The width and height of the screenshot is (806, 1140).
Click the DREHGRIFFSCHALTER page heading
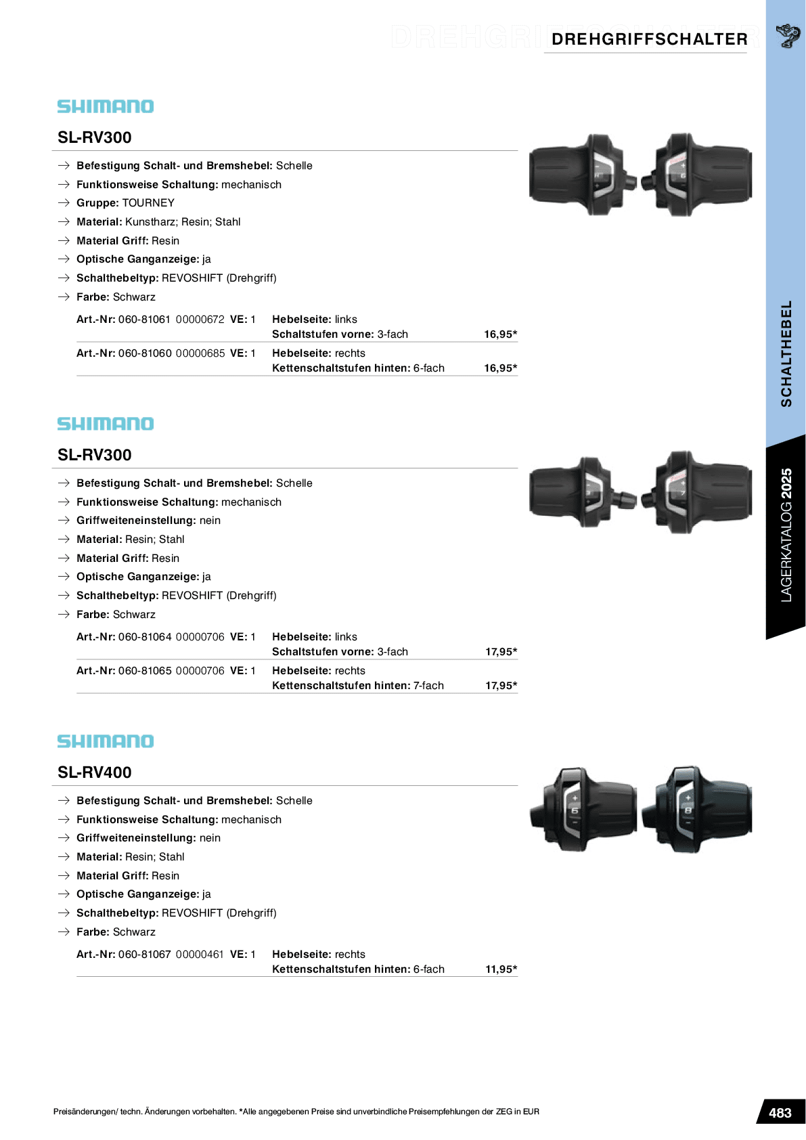[649, 39]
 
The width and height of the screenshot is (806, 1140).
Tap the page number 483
[780, 1113]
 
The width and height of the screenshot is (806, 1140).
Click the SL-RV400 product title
[95, 772]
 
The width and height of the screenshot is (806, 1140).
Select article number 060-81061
[144, 320]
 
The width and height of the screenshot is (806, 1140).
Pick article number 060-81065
[144, 671]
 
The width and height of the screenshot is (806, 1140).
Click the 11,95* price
[501, 969]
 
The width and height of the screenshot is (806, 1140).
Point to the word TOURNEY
[148, 203]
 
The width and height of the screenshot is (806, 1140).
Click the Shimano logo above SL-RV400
[106, 741]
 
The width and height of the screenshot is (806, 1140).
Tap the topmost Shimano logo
[106, 106]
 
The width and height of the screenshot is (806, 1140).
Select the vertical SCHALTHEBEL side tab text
[786, 353]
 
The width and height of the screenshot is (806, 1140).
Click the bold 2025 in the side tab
[786, 483]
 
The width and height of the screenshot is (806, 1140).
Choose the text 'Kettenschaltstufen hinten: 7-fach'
[358, 686]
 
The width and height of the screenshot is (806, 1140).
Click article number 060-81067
[144, 955]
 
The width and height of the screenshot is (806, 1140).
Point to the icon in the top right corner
[788, 35]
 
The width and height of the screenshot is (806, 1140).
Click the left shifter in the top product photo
[581, 175]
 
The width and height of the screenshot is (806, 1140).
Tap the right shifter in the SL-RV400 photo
[697, 809]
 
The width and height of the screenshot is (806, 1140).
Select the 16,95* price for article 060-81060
[500, 368]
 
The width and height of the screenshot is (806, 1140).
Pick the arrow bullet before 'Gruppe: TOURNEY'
[64, 203]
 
